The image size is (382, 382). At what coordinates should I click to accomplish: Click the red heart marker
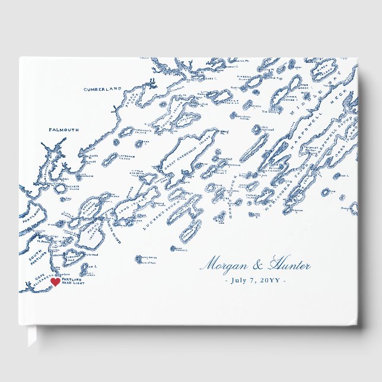pyautogui.click(x=55, y=282)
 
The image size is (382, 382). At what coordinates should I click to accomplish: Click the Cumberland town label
pyautogui.click(x=101, y=89)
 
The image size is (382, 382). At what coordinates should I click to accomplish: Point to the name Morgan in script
pyautogui.click(x=225, y=265)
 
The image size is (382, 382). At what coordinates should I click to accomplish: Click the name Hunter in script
pyautogui.click(x=289, y=265)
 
